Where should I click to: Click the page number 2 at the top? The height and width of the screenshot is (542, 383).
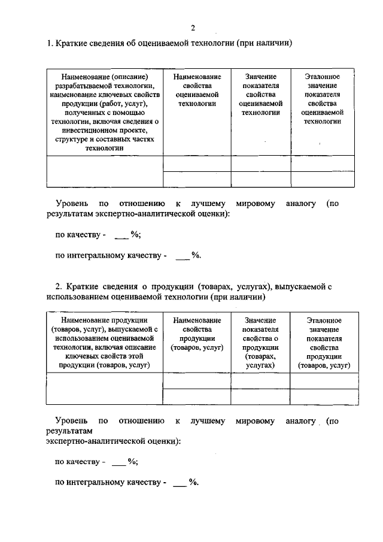coord(193,28)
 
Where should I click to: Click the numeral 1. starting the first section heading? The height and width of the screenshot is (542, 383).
coord(50,44)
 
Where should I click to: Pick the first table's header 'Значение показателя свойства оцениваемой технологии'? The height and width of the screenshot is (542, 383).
coord(260,95)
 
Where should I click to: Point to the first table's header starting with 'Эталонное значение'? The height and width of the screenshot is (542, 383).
coord(322,99)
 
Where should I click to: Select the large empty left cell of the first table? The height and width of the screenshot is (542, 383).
coord(105,171)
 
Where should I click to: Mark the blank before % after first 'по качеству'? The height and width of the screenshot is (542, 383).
coord(121,235)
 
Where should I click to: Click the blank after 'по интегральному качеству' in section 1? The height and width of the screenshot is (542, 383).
coord(182,256)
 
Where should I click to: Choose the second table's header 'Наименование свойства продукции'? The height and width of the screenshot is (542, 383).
coord(197,334)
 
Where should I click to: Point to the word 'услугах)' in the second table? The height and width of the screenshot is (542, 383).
coord(260,365)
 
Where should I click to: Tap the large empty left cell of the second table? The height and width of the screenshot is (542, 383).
coord(105,389)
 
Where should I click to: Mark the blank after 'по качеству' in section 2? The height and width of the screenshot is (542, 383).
coord(118,462)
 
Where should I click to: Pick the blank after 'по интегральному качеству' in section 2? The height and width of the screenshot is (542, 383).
coord(180,483)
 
